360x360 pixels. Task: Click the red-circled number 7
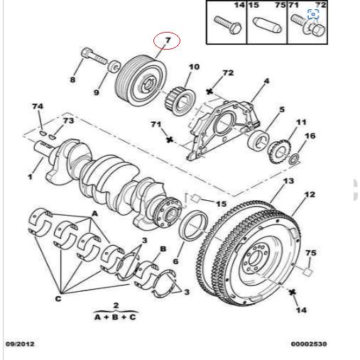click(167, 41)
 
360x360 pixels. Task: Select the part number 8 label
click(72, 80)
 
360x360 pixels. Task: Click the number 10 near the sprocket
click(194, 67)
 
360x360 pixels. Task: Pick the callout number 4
click(266, 82)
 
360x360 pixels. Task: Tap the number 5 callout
click(281, 110)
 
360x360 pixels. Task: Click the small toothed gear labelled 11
click(278, 150)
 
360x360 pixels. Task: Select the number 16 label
click(310, 136)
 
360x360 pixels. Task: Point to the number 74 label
click(37, 107)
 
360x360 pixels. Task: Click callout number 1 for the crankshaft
click(30, 175)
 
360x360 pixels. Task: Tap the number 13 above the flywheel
click(288, 181)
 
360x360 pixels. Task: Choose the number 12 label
click(310, 194)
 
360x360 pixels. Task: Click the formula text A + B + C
click(116, 317)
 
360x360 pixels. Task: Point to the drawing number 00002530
click(309, 344)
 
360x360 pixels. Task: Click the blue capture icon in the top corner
click(313, 13)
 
